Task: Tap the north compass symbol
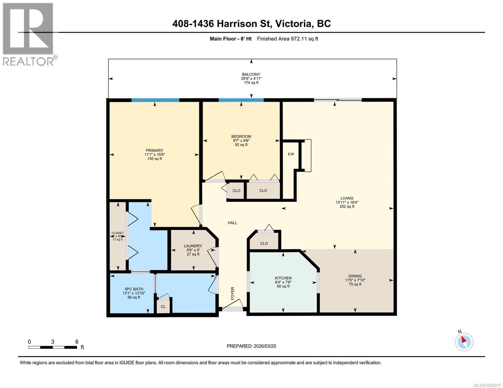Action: coord(464,341)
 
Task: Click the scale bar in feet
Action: coord(52,347)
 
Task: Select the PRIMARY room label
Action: coord(154,150)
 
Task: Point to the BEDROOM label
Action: coord(241,136)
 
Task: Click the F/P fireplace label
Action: coord(291,154)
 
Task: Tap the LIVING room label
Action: coord(347,198)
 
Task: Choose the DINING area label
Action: coord(355,276)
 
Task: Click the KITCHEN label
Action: coord(283,278)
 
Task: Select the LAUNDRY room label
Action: coord(193,246)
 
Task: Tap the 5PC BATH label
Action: coord(134,289)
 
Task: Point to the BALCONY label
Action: coord(251,74)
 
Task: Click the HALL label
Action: coord(232,222)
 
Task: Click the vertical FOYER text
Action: coord(232,293)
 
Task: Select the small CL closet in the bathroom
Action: coord(163,307)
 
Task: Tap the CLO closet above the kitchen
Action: coord(264,243)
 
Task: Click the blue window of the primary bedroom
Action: coord(155,100)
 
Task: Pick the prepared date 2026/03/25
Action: coord(251,346)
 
